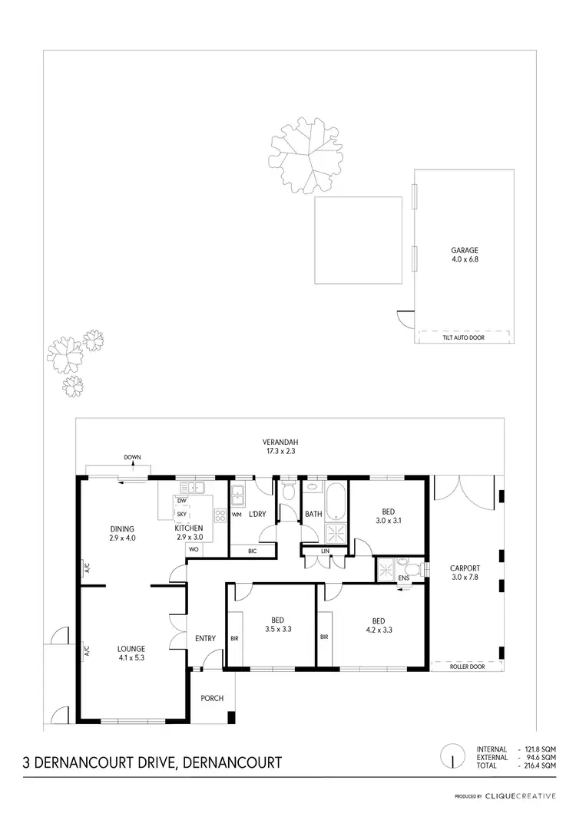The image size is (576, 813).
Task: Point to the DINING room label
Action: point(122,528)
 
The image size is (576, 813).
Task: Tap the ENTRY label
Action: point(205,638)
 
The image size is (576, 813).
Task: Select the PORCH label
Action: point(212,698)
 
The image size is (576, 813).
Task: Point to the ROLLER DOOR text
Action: point(467,667)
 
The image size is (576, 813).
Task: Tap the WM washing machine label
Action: point(237,515)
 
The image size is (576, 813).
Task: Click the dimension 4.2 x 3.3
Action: point(379,629)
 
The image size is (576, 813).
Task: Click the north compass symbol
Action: point(454,758)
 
